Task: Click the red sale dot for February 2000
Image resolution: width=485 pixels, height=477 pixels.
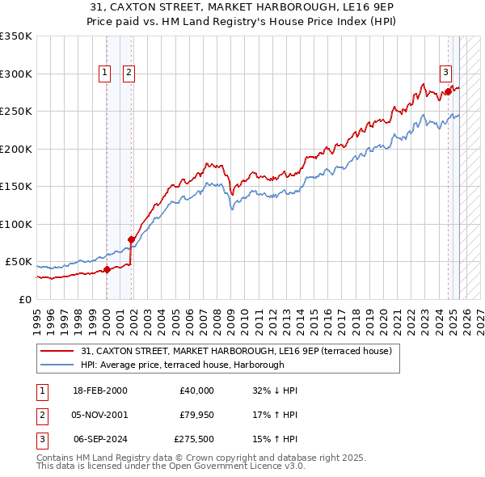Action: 107,270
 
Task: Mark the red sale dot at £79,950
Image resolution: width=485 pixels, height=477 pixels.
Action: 131,239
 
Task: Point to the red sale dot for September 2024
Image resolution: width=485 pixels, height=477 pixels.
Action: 449,93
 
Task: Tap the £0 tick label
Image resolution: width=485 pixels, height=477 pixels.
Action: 23,299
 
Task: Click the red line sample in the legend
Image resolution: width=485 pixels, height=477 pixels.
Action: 57,351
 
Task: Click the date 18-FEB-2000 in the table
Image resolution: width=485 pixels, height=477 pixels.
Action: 99,390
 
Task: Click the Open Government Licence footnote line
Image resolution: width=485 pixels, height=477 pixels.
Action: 171,466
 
